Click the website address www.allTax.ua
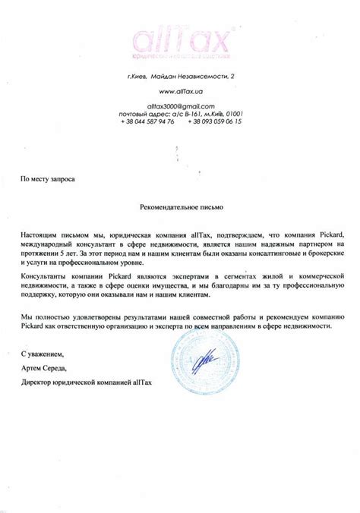click(x=180, y=91)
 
